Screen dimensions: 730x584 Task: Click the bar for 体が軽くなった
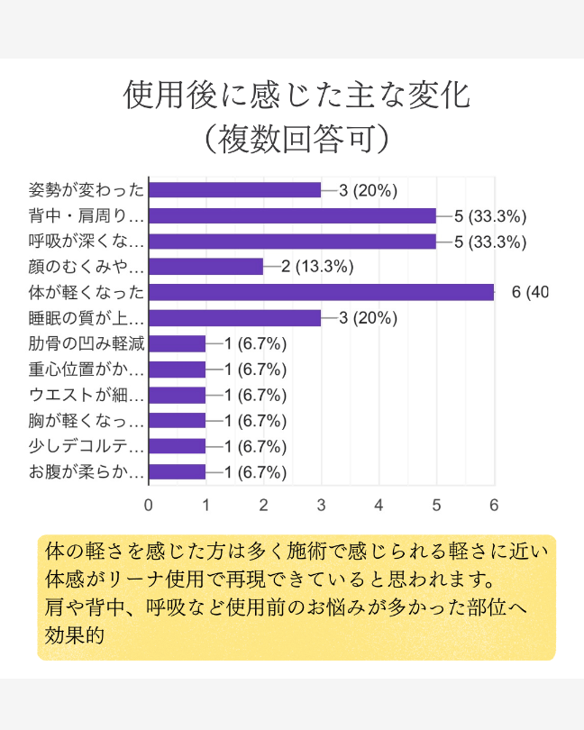click(321, 292)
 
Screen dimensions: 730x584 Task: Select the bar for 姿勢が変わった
click(234, 189)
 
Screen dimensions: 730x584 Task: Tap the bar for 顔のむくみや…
click(205, 266)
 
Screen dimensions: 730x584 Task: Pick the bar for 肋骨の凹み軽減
click(177, 343)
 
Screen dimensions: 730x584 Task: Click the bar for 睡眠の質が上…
click(234, 318)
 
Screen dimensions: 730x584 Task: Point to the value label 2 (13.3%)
click(317, 266)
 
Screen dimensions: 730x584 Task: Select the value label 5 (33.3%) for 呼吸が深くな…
click(490, 241)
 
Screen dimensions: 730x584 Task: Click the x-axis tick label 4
click(379, 505)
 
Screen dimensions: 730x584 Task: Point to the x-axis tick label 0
click(148, 505)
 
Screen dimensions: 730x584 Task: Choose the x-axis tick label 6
click(494, 505)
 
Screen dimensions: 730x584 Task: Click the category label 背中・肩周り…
click(87, 215)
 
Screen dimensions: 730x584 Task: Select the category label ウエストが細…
click(87, 395)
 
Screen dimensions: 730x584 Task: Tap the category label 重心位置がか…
click(87, 370)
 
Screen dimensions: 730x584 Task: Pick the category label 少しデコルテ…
click(87, 446)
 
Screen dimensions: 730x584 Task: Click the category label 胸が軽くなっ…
click(87, 421)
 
